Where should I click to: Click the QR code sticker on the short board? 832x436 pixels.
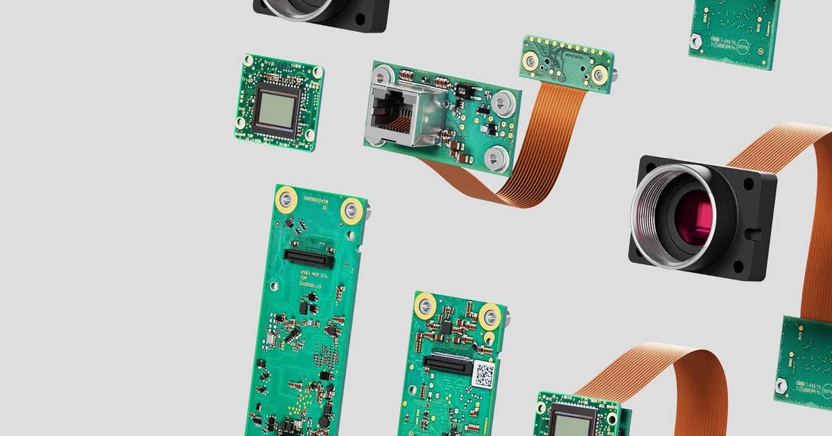point(483,375)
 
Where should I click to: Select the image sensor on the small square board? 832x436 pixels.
point(277,109)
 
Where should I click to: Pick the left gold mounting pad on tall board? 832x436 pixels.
point(285,201)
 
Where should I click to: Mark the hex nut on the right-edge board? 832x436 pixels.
point(781,383)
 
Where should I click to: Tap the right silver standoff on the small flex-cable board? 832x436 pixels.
point(598,72)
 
